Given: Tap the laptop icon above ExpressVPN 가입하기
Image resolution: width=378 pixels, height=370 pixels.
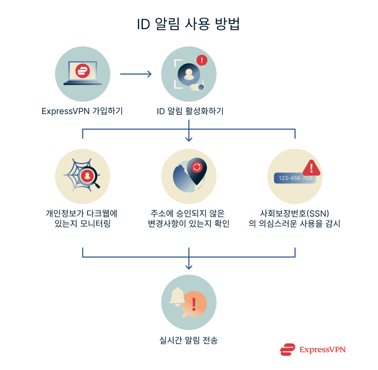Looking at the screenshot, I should point(83,73).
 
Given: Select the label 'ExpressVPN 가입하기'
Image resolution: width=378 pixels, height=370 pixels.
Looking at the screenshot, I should point(82,111).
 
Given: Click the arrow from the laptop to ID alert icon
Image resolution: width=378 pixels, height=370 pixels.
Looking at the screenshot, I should point(136,74).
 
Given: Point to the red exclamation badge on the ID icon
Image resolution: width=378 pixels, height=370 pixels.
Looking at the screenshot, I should point(202,60).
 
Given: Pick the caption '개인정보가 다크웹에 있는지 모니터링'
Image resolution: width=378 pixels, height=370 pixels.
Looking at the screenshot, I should point(82,218).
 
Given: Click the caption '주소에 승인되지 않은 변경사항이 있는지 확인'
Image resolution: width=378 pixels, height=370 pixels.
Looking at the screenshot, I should point(189,218).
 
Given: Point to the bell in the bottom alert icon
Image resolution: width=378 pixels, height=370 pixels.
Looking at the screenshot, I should point(178,296).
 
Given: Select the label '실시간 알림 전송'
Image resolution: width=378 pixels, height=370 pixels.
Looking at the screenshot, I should point(189,340).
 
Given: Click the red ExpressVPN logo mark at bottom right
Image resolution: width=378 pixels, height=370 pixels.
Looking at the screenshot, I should point(287,350).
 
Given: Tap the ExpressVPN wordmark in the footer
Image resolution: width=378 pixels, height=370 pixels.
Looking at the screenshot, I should point(322,350).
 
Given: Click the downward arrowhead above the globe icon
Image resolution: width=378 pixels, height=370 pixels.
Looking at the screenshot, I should point(189,139).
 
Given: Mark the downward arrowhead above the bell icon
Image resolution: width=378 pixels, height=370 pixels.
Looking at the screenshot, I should point(189,267).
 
